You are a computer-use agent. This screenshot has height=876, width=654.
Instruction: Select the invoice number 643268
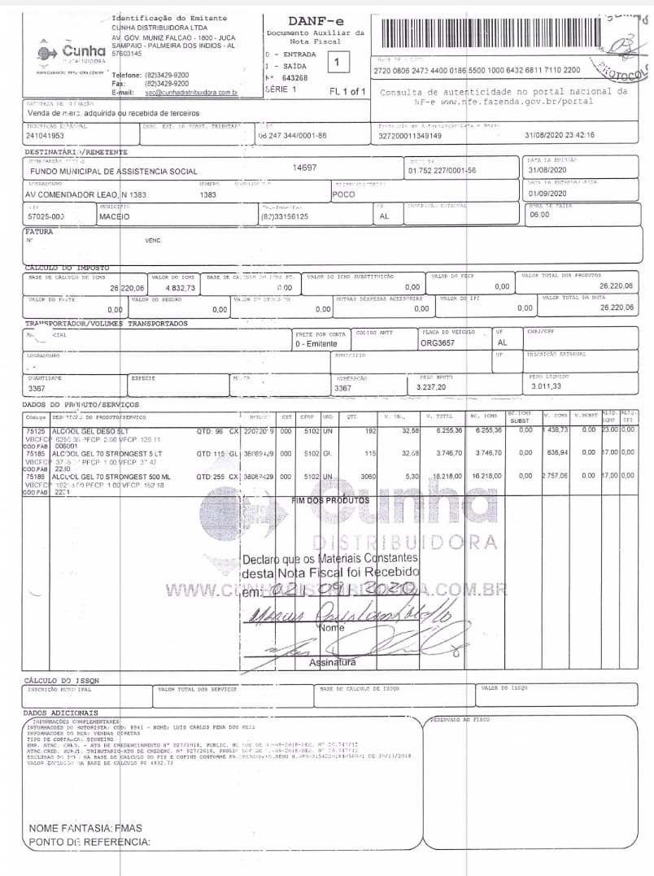click(x=294, y=78)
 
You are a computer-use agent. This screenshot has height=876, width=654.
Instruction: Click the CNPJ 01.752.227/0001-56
click(x=442, y=170)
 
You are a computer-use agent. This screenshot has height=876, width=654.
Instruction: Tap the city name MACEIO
click(x=114, y=217)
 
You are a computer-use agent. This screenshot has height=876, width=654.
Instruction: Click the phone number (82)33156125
click(x=284, y=217)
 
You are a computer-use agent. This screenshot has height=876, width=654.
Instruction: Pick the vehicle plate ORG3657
click(x=439, y=343)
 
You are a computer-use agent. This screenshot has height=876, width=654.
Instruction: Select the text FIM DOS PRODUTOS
click(x=330, y=501)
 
